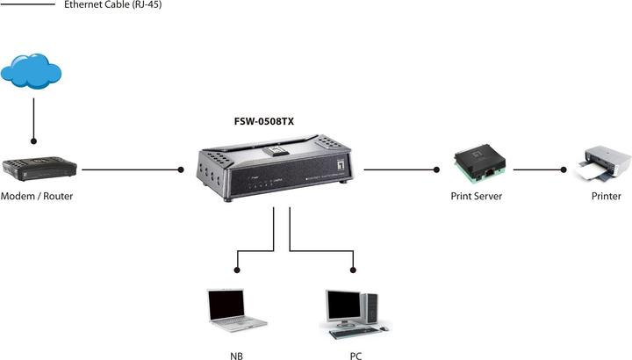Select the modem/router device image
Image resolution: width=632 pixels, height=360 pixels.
tap(39, 168)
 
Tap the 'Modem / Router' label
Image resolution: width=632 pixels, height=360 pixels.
tap(37, 197)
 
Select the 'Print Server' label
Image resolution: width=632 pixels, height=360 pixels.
tap(476, 197)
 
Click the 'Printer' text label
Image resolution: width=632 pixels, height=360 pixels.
tap(606, 197)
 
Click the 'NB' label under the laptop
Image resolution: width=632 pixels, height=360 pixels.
tap(236, 356)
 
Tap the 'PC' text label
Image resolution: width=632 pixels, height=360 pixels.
tap(354, 356)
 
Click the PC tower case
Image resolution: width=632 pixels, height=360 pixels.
tap(370, 306)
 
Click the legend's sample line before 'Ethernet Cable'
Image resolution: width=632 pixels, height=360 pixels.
tap(29, 5)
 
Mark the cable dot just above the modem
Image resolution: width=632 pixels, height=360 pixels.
tap(33, 140)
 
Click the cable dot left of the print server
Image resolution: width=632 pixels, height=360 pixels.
tap(435, 169)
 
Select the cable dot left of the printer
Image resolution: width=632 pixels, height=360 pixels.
tap(563, 169)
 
